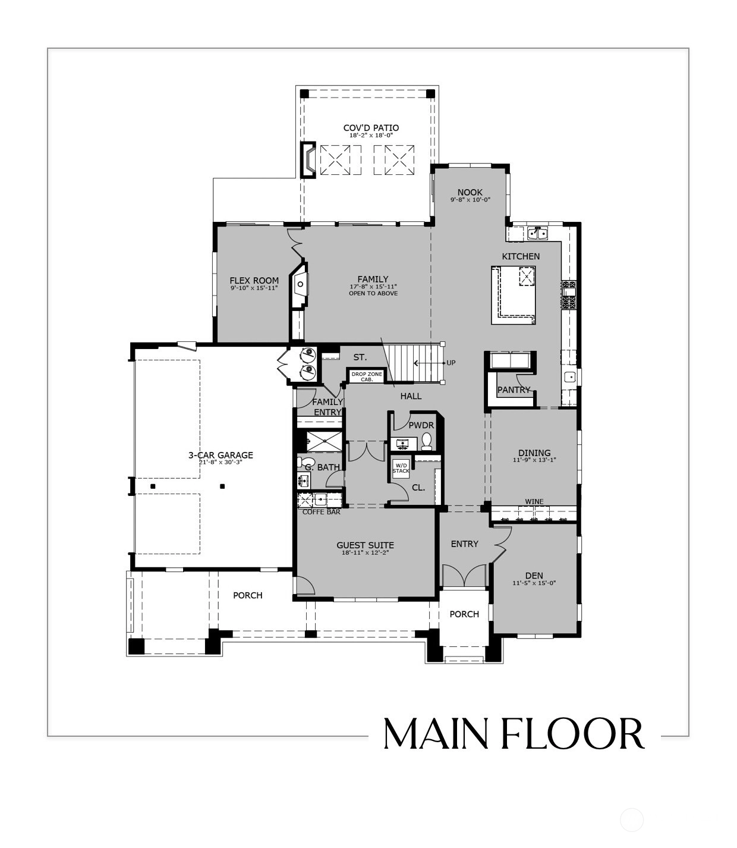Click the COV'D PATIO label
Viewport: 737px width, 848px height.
pyautogui.click(x=371, y=128)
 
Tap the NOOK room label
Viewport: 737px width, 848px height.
pyautogui.click(x=470, y=192)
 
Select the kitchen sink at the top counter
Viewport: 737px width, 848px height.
pyautogui.click(x=537, y=233)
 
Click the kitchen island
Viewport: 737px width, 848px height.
pyautogui.click(x=514, y=295)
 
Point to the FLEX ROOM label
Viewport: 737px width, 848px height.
pyautogui.click(x=254, y=281)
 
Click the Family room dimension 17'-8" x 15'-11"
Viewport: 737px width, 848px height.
pyautogui.click(x=373, y=287)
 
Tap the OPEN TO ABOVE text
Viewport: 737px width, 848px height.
pyautogui.click(x=373, y=293)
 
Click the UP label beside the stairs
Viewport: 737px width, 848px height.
pyautogui.click(x=451, y=363)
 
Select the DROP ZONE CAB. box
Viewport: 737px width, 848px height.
pyautogui.click(x=367, y=376)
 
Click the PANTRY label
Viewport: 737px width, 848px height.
pyautogui.click(x=514, y=390)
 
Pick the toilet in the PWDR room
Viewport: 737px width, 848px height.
pyautogui.click(x=426, y=441)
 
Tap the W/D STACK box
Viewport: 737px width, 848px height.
pyautogui.click(x=401, y=468)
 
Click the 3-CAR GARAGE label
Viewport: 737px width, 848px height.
pyautogui.click(x=221, y=455)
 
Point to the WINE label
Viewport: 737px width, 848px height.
pyautogui.click(x=534, y=501)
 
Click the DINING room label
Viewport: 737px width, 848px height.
pyautogui.click(x=534, y=453)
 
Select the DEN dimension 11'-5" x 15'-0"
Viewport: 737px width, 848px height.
pyautogui.click(x=534, y=583)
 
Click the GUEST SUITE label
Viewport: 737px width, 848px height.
pyautogui.click(x=365, y=545)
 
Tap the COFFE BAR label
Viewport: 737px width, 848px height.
pyautogui.click(x=322, y=512)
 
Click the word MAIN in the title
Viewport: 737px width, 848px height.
pyautogui.click(x=436, y=734)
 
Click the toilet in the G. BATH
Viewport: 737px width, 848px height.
pyautogui.click(x=304, y=462)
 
